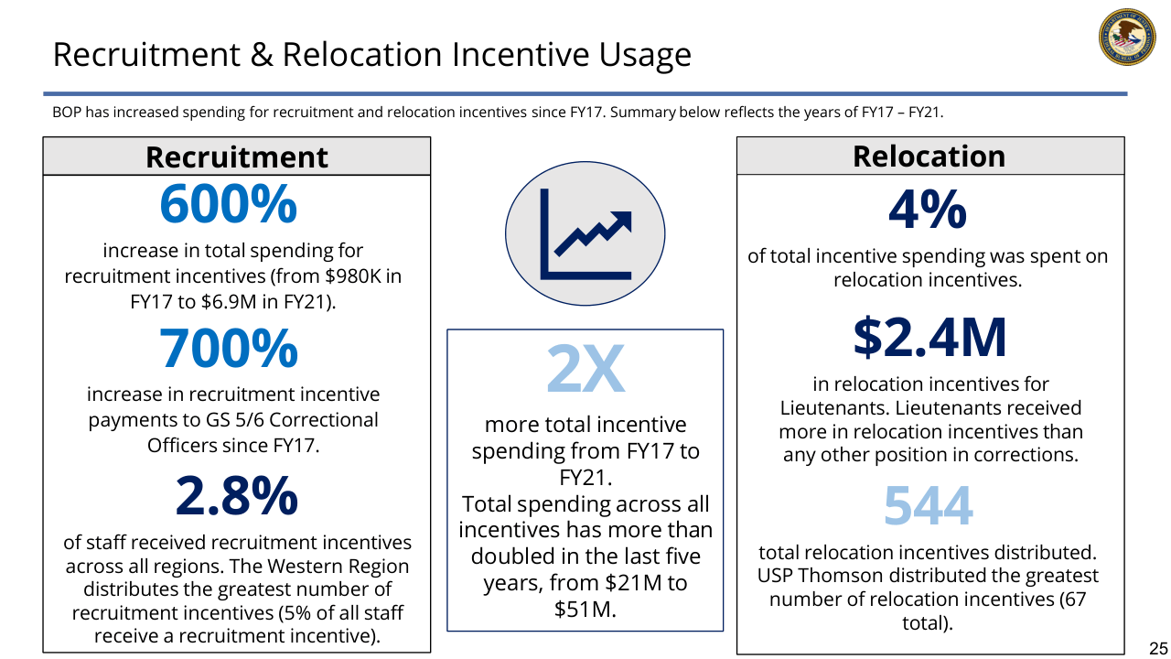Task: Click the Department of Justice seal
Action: tap(1127, 37)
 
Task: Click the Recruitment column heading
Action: tap(236, 157)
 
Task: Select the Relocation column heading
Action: tap(929, 156)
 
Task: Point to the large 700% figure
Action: tap(228, 348)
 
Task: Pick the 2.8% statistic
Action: tap(236, 495)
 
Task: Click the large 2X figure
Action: tap(585, 369)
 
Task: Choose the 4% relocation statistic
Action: tap(927, 211)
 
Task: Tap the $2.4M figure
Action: tap(929, 337)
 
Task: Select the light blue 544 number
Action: tap(928, 506)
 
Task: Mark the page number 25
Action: tap(1157, 644)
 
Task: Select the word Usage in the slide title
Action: tap(644, 55)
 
